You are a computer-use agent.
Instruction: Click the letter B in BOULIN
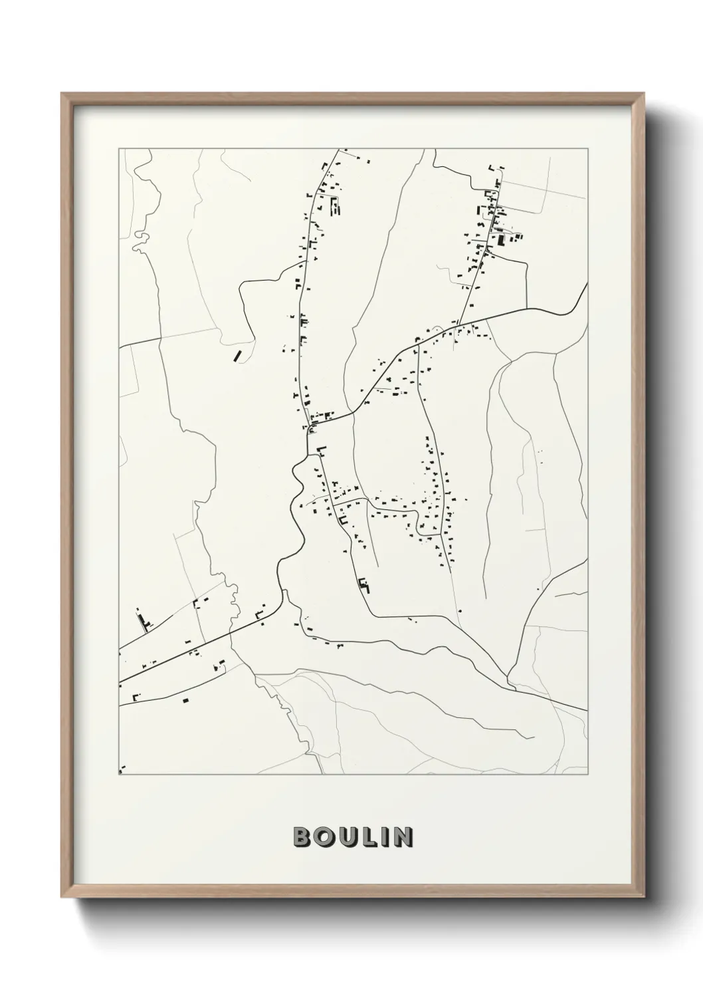pos(301,837)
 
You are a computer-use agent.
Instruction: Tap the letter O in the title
pos(324,837)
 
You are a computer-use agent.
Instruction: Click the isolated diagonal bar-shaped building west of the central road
pos(237,356)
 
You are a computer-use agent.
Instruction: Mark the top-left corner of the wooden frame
pos(62,94)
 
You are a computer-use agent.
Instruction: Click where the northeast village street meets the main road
pos(458,324)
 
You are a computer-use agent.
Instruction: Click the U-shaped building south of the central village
pos(363,585)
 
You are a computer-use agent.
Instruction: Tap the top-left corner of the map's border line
pos(119,149)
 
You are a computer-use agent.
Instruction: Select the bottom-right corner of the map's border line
pos(588,774)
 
